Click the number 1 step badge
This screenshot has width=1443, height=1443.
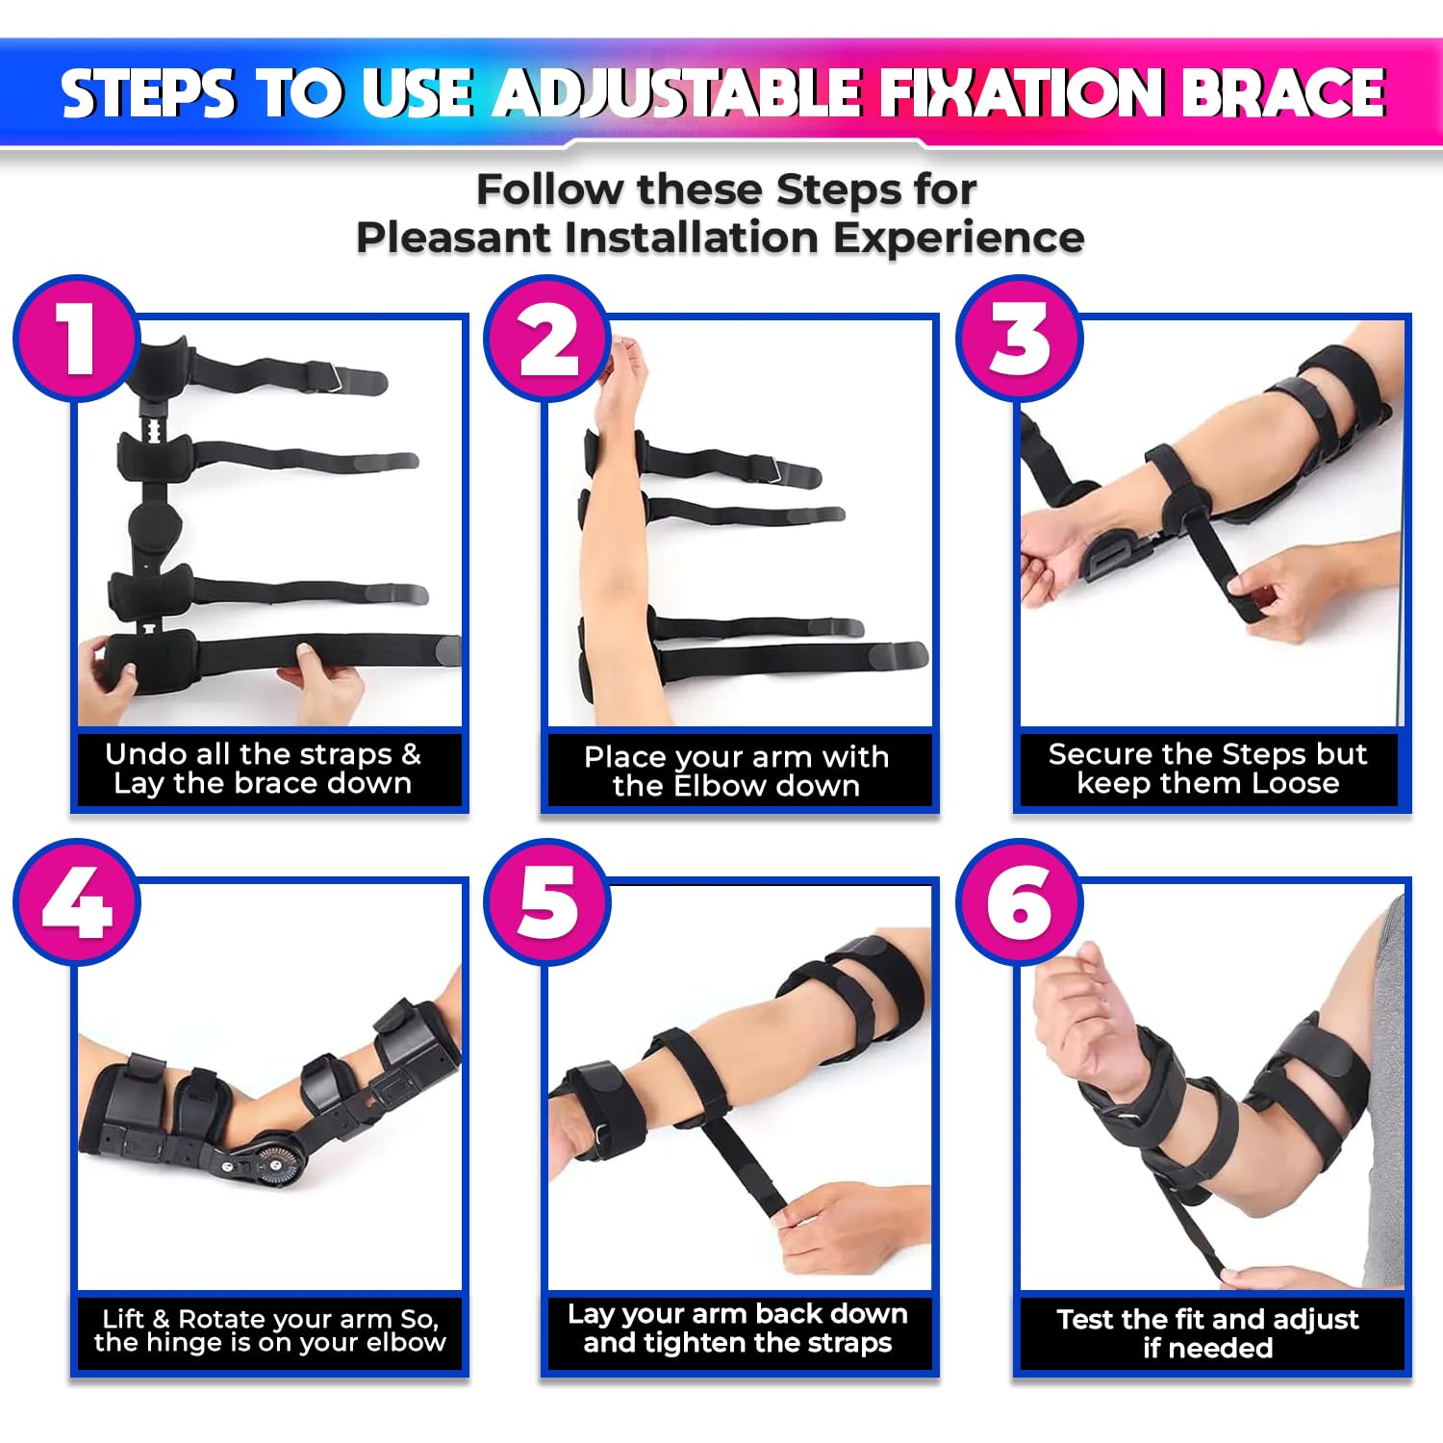point(76,339)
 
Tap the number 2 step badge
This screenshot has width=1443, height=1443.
point(547,339)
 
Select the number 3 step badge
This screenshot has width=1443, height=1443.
point(1020,339)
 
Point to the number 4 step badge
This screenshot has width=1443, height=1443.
point(76,902)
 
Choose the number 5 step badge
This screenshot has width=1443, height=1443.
point(547,902)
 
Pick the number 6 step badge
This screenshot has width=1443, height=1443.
point(1020,902)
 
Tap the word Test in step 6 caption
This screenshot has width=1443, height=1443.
point(1085,1319)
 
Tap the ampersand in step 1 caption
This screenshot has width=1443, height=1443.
point(411,753)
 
